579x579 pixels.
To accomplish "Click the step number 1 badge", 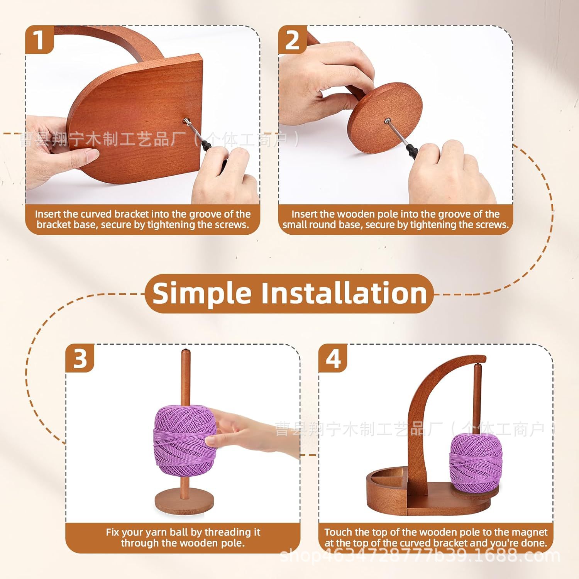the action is coord(39,39).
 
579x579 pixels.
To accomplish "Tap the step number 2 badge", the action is coord(292,39).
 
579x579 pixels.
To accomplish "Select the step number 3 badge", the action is coord(80,358).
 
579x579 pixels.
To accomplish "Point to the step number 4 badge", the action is coord(333,358).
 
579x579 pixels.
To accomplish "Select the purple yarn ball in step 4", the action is coord(474,461).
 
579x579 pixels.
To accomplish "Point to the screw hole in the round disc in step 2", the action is coord(387,122).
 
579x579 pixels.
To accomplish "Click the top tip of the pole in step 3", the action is coord(185,351).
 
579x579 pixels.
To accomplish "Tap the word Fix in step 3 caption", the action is coord(112,532).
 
